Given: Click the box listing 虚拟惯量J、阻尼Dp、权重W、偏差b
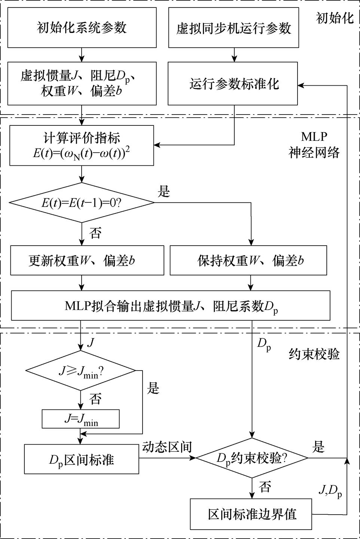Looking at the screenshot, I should coord(82,83).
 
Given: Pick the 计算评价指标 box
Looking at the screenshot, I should coord(82,145).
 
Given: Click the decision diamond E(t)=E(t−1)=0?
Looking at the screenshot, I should coord(82,203).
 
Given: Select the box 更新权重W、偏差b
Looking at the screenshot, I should coord(87,261).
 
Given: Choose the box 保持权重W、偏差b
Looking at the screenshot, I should coord(248,261).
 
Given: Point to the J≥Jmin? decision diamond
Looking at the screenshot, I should coord(80,371).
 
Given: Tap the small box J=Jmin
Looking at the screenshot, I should coord(80,419).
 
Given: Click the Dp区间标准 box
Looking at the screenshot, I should coord(81,459).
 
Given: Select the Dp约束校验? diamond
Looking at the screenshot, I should coord(252,458).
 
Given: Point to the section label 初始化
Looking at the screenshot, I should coord(335,18).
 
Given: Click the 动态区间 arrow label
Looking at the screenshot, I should coord(167,447).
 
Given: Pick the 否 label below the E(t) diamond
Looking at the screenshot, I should coord(95,233).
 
